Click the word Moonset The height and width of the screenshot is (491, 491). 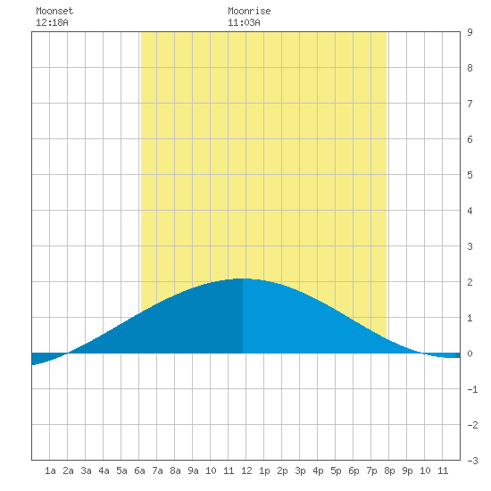click(x=54, y=11)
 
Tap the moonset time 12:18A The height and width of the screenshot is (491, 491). click(x=52, y=22)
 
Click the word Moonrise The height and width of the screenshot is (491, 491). click(x=249, y=11)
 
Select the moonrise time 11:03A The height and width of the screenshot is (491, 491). click(x=244, y=22)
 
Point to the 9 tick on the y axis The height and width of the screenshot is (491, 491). click(x=470, y=32)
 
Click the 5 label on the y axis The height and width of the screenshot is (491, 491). click(x=470, y=175)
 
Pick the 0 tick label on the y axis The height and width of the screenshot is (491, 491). click(x=470, y=354)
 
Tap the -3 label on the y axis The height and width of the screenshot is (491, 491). click(x=472, y=461)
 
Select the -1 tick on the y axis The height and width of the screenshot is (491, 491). click(x=472, y=389)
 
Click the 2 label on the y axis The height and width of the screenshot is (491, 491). click(x=470, y=282)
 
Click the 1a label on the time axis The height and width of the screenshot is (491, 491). click(x=50, y=470)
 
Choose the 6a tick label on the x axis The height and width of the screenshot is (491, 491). click(x=139, y=470)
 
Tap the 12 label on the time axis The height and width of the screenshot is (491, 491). click(x=246, y=470)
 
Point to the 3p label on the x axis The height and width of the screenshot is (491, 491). click(x=300, y=470)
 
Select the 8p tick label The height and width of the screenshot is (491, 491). click(x=389, y=470)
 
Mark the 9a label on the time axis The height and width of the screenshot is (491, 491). click(x=193, y=470)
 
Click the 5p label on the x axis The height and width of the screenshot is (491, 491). click(x=336, y=470)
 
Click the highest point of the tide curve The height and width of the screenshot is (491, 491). click(x=241, y=279)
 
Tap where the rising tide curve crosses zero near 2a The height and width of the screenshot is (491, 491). click(x=67, y=354)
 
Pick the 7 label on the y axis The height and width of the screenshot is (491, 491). click(x=470, y=104)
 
